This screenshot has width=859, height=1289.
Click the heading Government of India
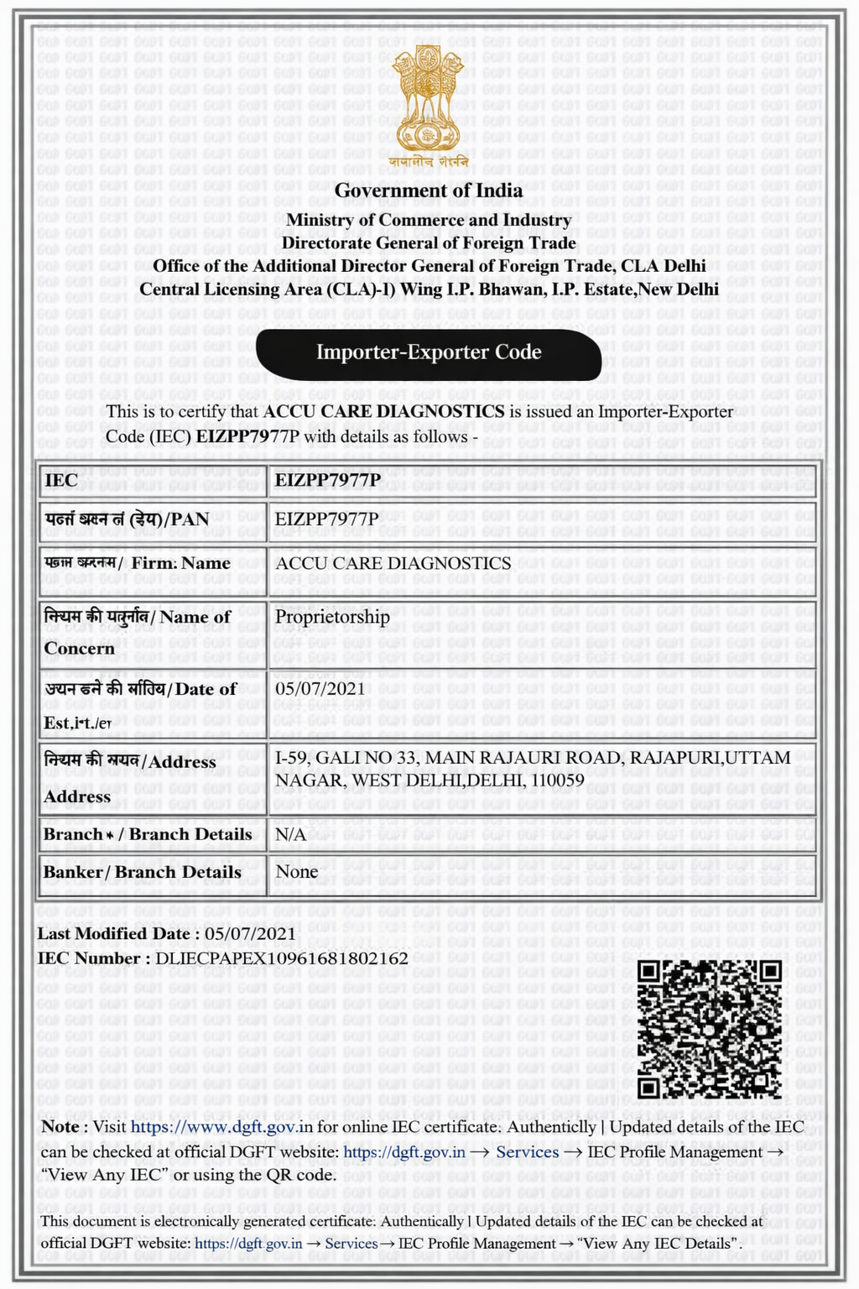428,190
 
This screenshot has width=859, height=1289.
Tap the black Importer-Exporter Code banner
428,352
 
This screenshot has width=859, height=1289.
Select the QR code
709,1029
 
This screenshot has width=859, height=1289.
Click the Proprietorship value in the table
332,617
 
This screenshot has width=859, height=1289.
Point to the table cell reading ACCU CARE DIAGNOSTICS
393,563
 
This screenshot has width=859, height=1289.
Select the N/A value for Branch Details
290,834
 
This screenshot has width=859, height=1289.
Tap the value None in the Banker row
296,872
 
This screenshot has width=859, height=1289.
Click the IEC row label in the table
61,481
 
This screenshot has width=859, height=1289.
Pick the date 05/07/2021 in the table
320,689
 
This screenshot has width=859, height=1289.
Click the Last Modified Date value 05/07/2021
250,933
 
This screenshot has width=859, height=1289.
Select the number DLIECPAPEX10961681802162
282,958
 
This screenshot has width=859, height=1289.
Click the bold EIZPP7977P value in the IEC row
328,480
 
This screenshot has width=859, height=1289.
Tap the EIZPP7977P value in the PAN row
326,519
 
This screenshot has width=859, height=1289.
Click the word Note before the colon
60,1127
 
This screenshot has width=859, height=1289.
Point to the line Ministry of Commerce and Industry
428,220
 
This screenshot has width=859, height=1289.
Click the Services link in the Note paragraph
527,1152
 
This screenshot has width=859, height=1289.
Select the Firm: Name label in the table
180,563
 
